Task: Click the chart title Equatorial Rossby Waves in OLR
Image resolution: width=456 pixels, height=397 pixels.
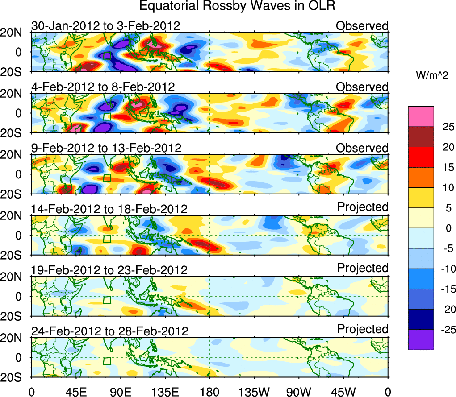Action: tap(237, 6)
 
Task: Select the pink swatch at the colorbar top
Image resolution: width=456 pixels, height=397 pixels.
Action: tap(421, 116)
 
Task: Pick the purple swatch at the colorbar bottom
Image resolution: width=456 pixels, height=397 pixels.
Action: tap(421, 339)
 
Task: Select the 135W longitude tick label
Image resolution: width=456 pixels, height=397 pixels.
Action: tap(254, 392)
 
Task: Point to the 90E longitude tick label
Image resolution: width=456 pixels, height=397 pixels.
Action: tap(120, 392)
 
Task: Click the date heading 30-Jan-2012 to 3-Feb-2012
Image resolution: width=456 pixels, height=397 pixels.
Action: tap(105, 26)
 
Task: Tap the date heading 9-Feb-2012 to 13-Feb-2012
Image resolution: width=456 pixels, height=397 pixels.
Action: tap(106, 148)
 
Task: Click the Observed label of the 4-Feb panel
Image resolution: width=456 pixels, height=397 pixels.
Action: tap(362, 87)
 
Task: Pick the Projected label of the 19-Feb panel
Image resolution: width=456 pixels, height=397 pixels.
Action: tap(363, 268)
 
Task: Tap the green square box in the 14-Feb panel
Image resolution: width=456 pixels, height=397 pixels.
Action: tap(107, 239)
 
